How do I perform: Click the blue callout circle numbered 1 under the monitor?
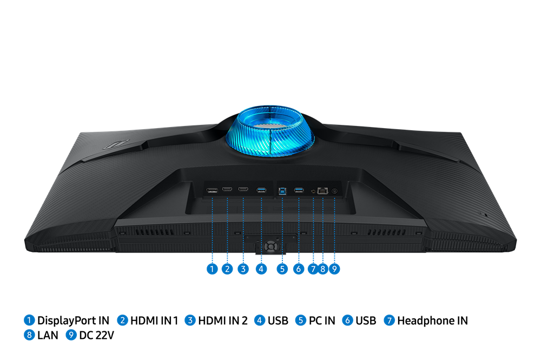click(212, 269)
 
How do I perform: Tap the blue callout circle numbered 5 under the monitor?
click(282, 269)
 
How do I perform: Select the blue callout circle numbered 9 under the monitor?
click(334, 269)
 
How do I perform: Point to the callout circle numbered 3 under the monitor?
click(243, 269)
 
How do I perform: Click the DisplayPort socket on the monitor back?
click(212, 190)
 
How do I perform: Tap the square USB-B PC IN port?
click(282, 191)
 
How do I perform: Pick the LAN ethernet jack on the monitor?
click(322, 190)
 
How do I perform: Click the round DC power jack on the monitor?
click(334, 191)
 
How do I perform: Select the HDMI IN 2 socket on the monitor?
click(243, 189)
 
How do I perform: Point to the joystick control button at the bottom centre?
click(271, 246)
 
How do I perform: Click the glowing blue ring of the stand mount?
click(270, 131)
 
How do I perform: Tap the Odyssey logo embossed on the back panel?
click(116, 144)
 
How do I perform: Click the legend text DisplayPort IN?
click(73, 321)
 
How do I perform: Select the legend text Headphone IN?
click(433, 321)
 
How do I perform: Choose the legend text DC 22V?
click(97, 335)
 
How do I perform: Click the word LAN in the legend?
click(48, 335)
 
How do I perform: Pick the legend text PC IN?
click(322, 321)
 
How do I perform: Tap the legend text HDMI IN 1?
click(154, 321)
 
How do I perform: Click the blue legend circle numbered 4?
click(260, 321)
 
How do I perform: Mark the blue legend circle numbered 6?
click(347, 321)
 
